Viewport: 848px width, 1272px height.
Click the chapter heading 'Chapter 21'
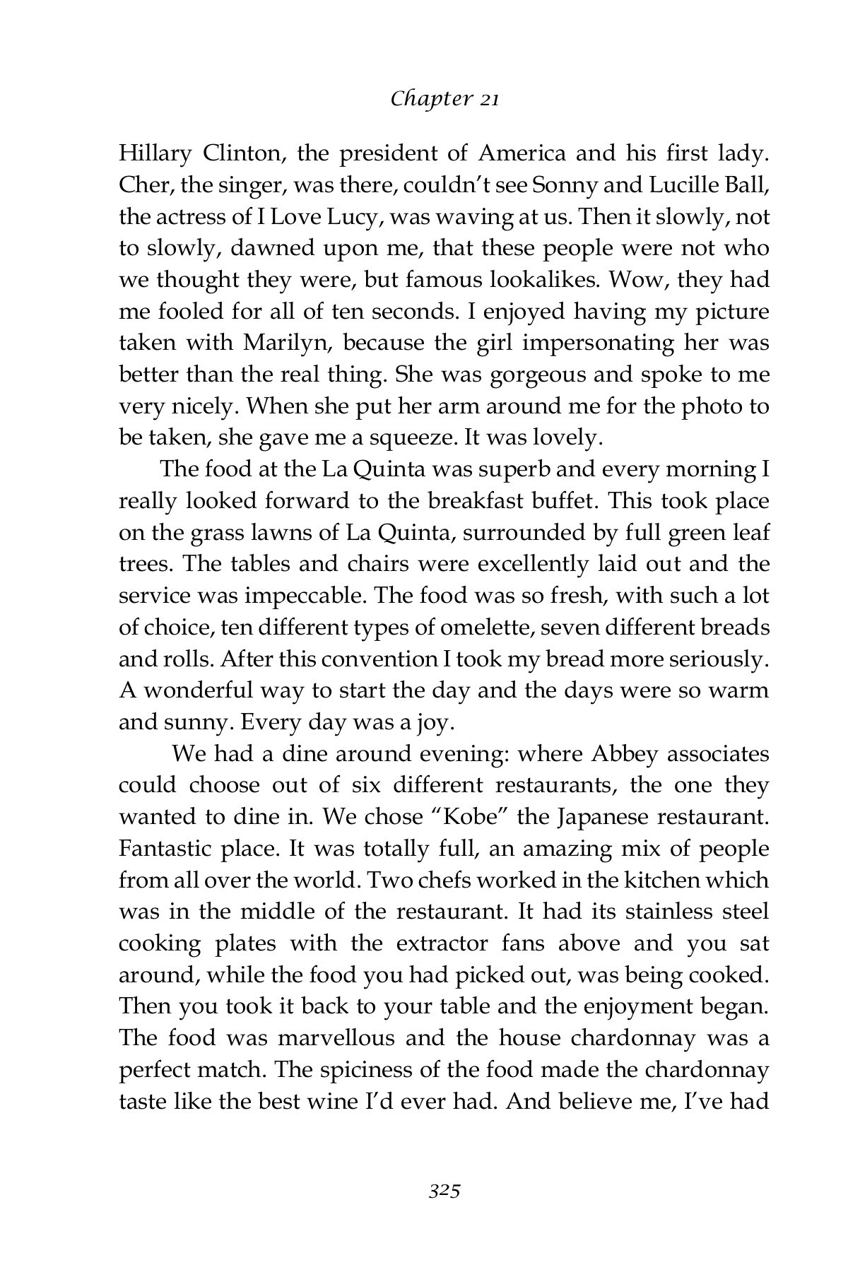(x=444, y=100)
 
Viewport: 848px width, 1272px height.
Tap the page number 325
(x=444, y=1191)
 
